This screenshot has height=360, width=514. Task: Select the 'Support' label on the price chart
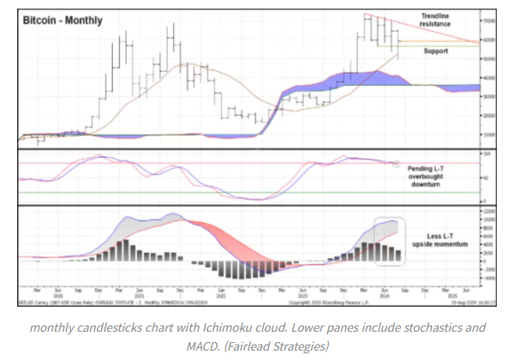[x=436, y=51]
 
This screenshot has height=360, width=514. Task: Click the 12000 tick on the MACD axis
[x=490, y=210]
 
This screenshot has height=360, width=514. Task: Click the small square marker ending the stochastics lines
[x=397, y=163]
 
